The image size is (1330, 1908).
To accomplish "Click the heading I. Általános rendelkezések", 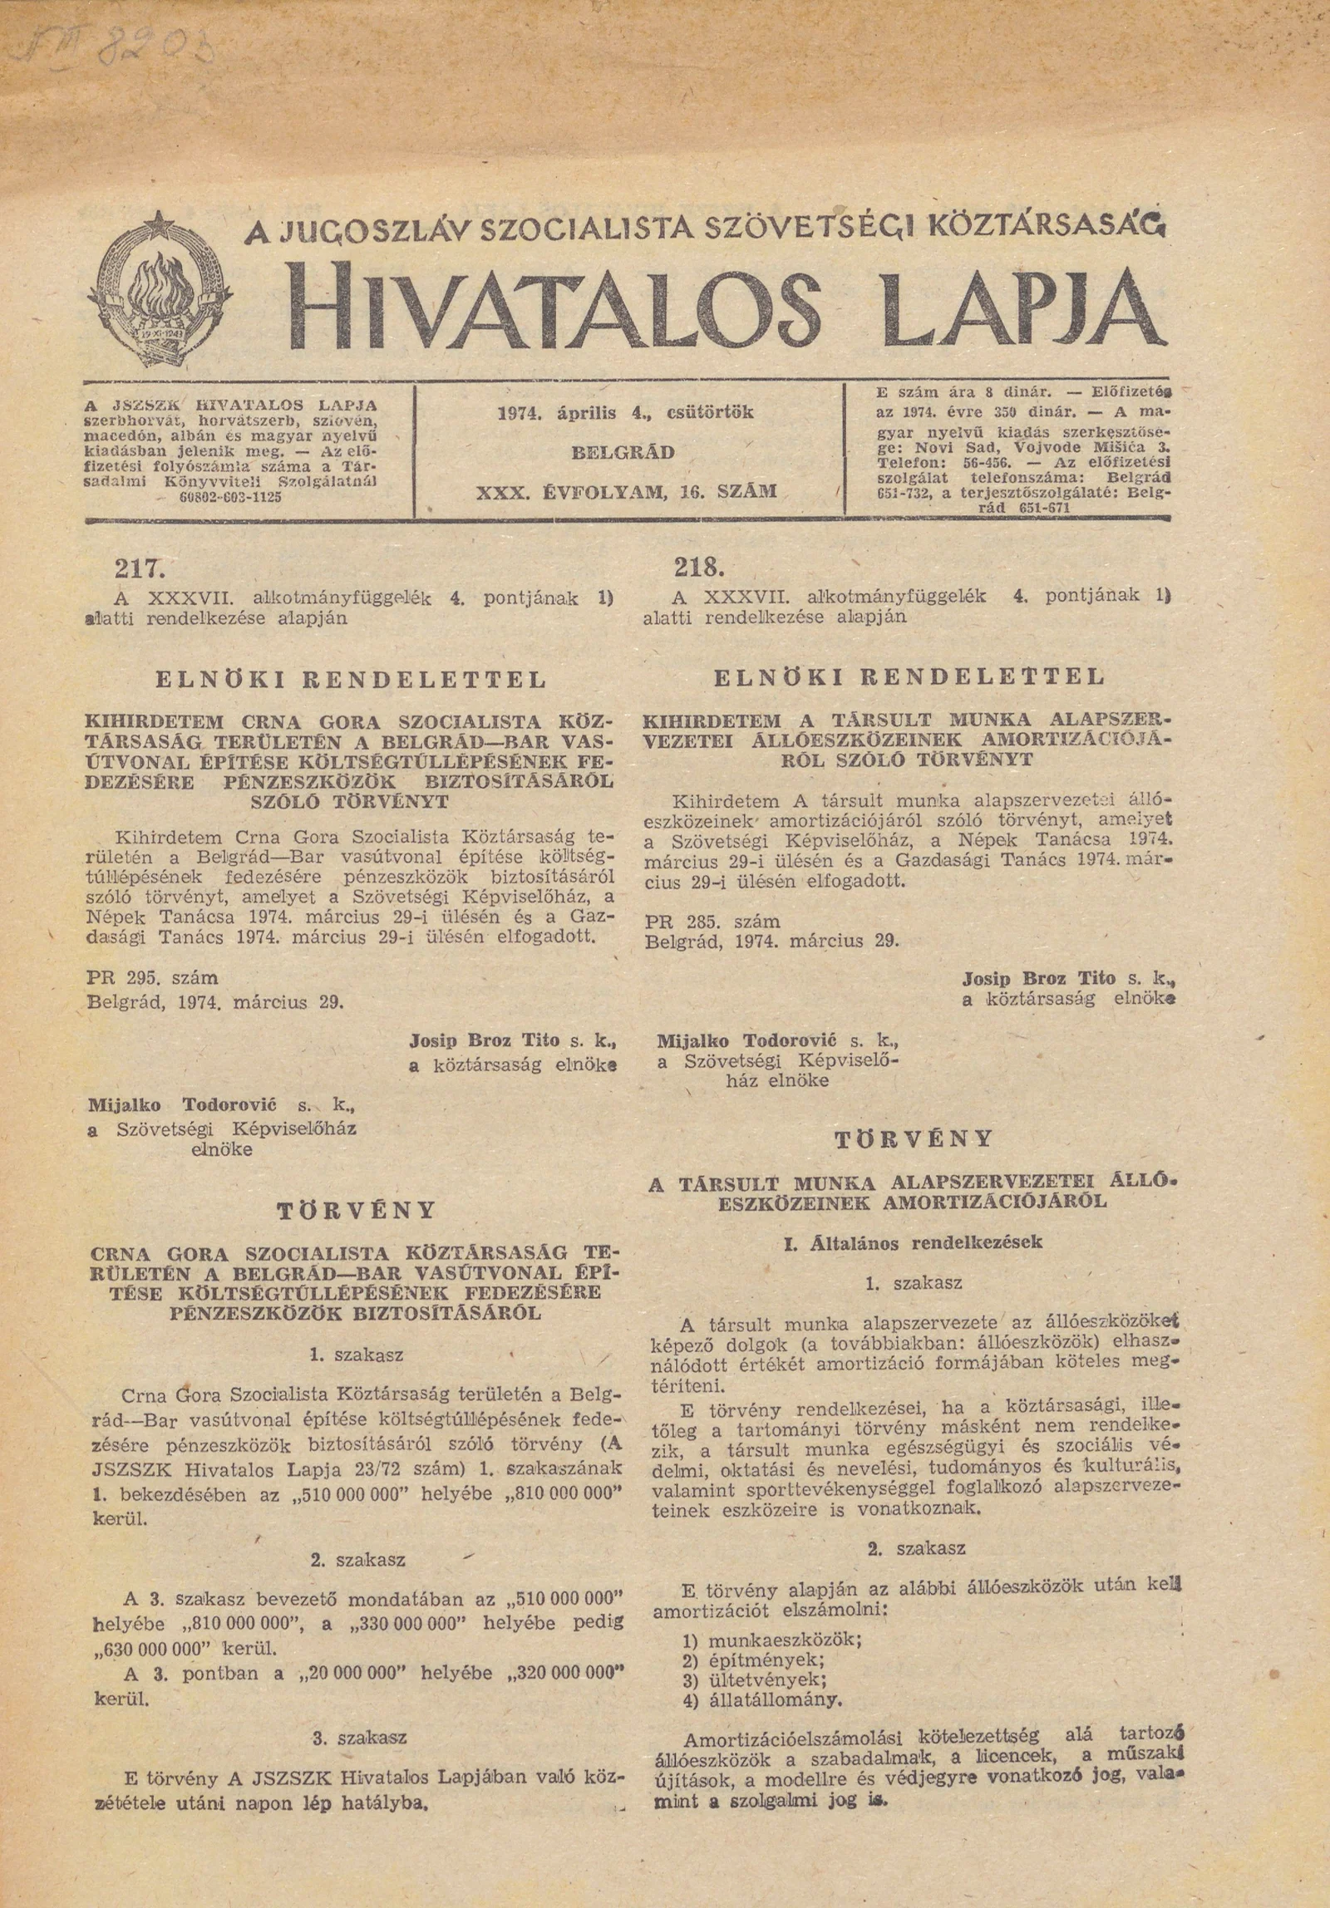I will pos(914,1242).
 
